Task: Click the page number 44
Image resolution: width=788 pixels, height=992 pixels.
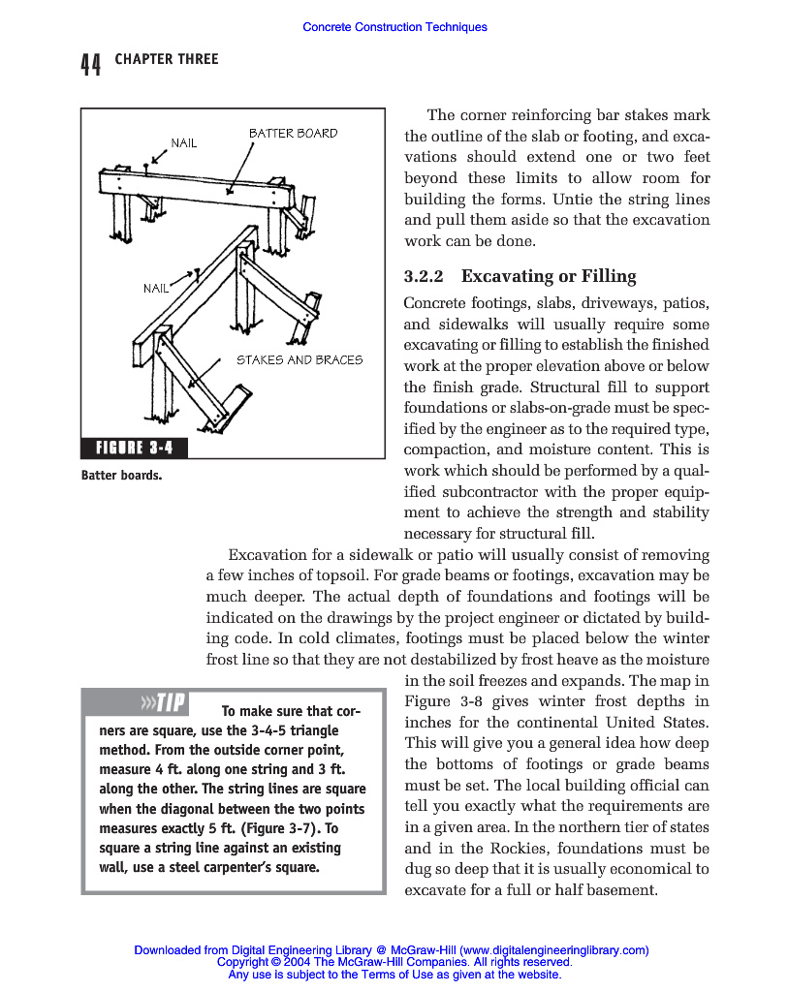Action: click(x=90, y=65)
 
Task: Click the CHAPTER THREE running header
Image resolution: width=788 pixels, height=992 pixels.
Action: click(x=167, y=60)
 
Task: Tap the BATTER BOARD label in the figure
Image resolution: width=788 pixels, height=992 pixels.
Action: click(x=293, y=134)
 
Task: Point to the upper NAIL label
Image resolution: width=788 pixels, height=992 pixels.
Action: click(x=184, y=143)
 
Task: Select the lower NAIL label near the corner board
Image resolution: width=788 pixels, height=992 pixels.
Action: click(x=156, y=289)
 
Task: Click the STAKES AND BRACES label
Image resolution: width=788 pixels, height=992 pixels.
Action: click(x=299, y=360)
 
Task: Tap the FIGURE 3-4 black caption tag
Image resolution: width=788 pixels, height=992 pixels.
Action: click(x=134, y=448)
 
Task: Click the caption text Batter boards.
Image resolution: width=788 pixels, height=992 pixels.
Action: click(x=121, y=476)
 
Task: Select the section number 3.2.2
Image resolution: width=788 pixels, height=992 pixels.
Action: click(x=424, y=277)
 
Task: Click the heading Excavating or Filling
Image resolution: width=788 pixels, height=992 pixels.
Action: click(x=549, y=277)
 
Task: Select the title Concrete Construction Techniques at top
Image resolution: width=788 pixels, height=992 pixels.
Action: click(x=394, y=27)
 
